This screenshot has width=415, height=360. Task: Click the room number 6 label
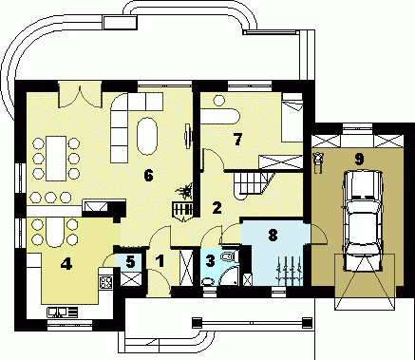pos(148,176)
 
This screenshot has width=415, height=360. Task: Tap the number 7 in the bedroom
pos(237,139)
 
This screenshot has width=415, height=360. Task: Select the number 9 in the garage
pos(359,160)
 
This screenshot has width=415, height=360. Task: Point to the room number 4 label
pos(66,264)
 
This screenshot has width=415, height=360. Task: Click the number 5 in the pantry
pos(130,262)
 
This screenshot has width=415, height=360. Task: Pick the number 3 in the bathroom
pos(210,260)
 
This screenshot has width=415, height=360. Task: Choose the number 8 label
pos(273,236)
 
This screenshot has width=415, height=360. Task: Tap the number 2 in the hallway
pos(217,208)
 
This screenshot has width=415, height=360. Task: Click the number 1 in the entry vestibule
pos(160,261)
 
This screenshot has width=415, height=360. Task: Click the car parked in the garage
pos(363,220)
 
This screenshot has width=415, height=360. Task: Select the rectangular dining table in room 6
pos(56,159)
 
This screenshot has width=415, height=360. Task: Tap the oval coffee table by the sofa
pos(147,137)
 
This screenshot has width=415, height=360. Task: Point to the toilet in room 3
pos(229,256)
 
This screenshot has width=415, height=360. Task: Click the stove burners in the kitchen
pos(106,282)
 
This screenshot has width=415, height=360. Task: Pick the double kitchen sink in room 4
pos(63,312)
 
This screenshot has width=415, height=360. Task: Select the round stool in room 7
pos(218,101)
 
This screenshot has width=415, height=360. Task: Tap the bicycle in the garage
pos(317,162)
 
